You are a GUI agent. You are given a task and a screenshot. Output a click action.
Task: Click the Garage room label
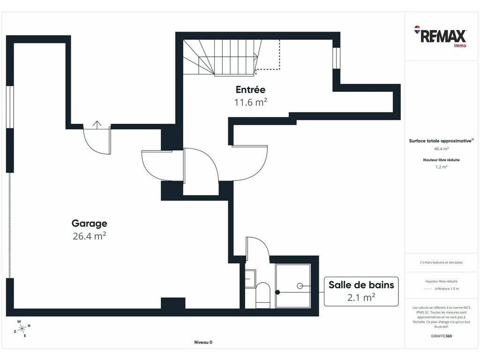pyautogui.click(x=90, y=224)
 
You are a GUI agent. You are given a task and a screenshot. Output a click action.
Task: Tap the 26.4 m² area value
pyautogui.click(x=90, y=236)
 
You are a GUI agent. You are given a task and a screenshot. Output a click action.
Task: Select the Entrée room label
pyautogui.click(x=250, y=90)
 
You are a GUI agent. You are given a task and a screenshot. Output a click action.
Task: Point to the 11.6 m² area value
pyautogui.click(x=250, y=102)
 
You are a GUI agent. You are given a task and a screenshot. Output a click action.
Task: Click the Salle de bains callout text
pyautogui.click(x=361, y=285)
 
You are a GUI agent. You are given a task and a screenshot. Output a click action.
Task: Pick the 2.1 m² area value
pyautogui.click(x=361, y=297)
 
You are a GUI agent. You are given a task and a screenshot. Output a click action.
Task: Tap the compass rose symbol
pyautogui.click(x=22, y=329)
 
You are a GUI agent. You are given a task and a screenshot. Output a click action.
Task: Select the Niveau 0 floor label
pyautogui.click(x=203, y=342)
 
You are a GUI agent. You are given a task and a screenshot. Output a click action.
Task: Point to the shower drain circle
pyautogui.click(x=300, y=286)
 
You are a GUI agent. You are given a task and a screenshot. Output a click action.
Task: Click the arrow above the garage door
pyautogui.click(x=97, y=124)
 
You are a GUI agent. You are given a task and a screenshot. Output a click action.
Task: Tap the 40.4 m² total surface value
pyautogui.click(x=441, y=149)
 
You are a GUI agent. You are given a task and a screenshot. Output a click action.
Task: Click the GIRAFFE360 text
pyautogui.click(x=441, y=336)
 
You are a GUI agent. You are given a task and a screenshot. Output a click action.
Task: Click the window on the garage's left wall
pyautogui.click(x=10, y=107)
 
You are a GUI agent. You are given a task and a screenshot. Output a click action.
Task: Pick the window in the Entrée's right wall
pyautogui.click(x=337, y=58)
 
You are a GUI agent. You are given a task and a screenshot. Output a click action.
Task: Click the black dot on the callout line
pyautogui.click(x=277, y=292)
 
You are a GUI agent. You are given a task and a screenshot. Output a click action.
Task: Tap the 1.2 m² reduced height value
pyautogui.click(x=441, y=167)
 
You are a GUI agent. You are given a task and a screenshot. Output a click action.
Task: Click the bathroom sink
pyautogui.click(x=250, y=278)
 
